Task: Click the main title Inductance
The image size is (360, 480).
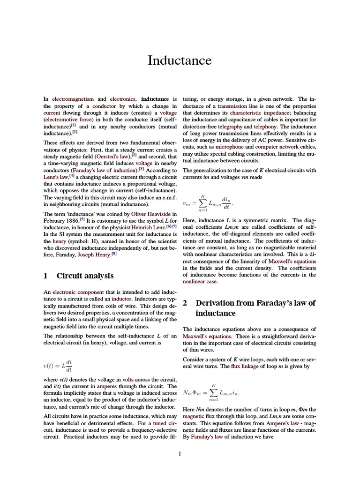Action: coord(180,60)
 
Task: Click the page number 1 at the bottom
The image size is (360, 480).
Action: coord(180,453)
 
